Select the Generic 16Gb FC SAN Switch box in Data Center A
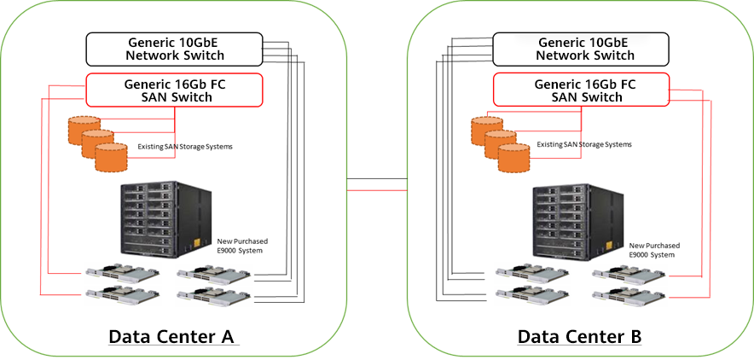175,90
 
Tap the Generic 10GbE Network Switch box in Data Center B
584,49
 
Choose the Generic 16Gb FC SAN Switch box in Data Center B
583,90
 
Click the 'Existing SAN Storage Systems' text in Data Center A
185,147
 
